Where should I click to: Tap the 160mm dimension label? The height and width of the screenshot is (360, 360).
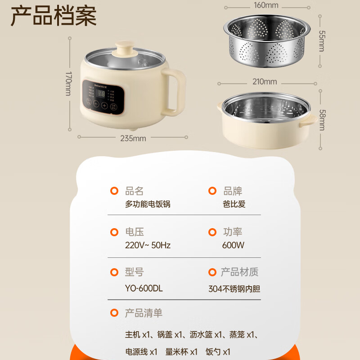266,5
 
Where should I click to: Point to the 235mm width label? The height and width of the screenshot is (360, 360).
134,138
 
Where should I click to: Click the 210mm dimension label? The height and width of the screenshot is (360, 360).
265,81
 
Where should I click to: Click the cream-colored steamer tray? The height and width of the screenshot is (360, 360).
264,121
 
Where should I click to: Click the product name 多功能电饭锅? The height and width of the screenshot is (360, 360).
148,204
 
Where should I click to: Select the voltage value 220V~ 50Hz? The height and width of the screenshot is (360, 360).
148,245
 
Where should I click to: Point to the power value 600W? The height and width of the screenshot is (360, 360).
233,245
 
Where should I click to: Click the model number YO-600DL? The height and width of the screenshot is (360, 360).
144,288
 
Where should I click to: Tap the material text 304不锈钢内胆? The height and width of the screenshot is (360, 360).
234,289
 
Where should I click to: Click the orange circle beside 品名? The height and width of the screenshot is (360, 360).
114,191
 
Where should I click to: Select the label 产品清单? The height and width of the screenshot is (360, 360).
144,313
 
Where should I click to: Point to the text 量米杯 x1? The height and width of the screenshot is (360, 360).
182,351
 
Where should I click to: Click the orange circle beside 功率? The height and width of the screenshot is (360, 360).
212,232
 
